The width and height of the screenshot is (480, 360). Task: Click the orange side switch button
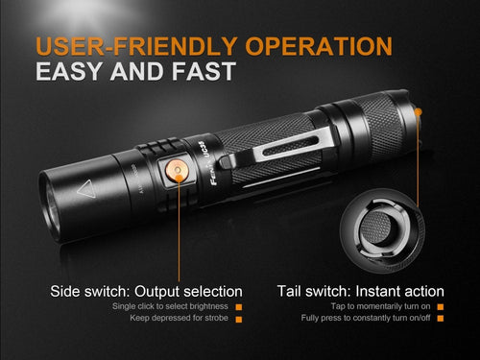pyautogui.click(x=176, y=170)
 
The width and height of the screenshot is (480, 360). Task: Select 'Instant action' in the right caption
pyautogui.click(x=403, y=291)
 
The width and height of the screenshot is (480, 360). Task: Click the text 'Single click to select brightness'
pyautogui.click(x=172, y=306)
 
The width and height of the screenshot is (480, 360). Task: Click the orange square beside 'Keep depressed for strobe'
pyautogui.click(x=239, y=318)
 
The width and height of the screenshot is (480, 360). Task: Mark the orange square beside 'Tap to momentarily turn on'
pyautogui.click(x=441, y=306)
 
